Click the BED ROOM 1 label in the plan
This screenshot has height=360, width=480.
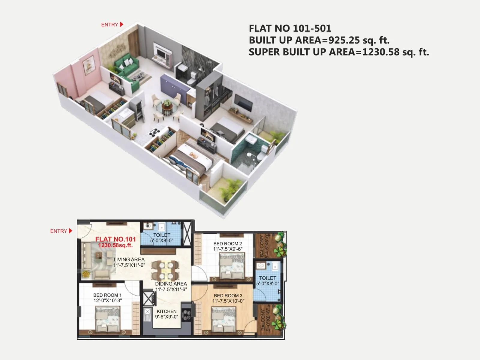tap(107, 295)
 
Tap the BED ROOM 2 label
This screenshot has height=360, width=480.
tap(227, 244)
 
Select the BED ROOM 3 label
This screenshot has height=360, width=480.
tap(228, 295)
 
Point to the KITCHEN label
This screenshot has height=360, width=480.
tap(166, 311)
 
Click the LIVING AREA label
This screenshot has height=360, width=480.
tap(129, 259)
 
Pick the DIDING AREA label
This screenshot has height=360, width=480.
tap(171, 284)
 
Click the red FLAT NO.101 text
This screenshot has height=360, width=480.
tap(115, 239)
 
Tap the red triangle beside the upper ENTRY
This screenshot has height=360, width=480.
tap(121, 24)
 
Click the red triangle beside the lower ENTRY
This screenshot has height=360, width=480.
tap(70, 231)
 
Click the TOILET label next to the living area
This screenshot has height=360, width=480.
tap(162, 235)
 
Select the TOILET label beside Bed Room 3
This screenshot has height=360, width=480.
tap(267, 278)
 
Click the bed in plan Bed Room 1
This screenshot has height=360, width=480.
tap(108, 319)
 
